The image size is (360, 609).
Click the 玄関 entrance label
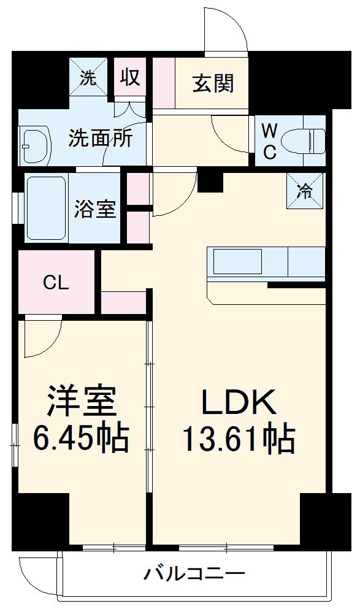pos(213,83)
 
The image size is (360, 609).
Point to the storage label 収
pos(130,77)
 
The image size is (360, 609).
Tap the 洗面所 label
pos(100,137)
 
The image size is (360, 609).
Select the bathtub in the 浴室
pos(47,209)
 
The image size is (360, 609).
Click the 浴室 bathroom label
pos(94,209)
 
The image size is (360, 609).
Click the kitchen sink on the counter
pos(237,262)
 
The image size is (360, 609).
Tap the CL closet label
pos(56,283)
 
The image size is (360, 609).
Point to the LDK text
pos(238,404)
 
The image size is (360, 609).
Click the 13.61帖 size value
pos(238,438)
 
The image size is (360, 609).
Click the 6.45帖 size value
pos(81,438)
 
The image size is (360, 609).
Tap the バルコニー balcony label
pos(194,575)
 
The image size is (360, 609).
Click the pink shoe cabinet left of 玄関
pos(164,83)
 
